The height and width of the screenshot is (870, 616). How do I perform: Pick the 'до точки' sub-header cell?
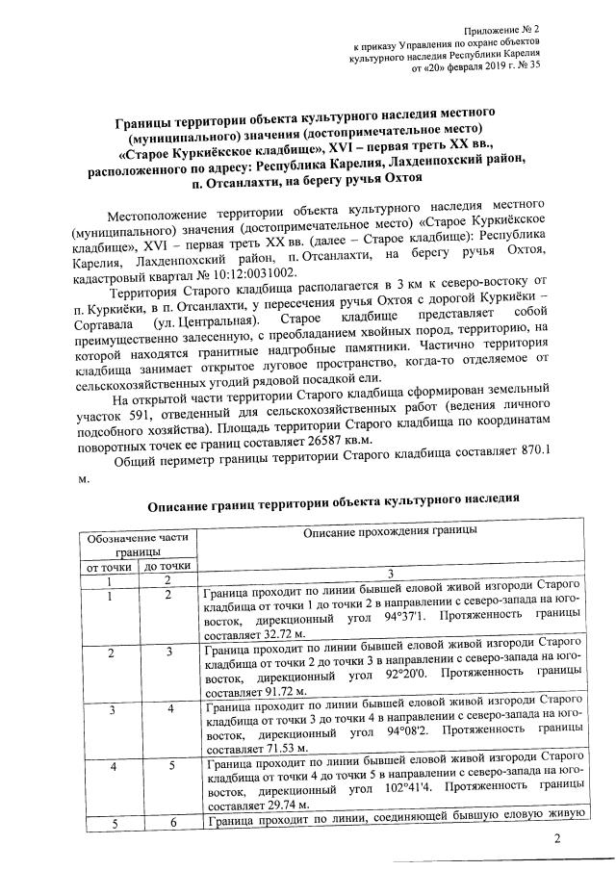pos(167,567)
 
